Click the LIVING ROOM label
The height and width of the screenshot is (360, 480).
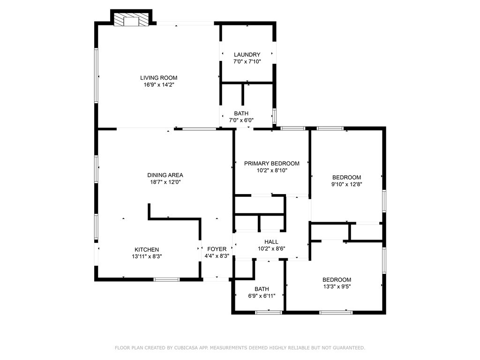159,78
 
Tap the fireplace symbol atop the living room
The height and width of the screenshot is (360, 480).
131,20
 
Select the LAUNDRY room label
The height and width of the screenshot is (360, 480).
247,54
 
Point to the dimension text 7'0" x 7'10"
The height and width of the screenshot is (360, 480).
247,61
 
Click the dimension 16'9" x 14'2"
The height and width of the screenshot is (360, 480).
159,85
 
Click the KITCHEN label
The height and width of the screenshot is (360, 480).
147,249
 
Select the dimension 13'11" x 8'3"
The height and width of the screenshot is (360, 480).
147,256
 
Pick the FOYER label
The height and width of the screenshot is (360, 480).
217,249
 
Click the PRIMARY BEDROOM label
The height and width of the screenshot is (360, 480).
271,164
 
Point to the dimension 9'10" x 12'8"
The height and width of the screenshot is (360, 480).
346,184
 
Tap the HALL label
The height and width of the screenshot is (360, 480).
271,242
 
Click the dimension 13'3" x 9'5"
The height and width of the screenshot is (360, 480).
337,286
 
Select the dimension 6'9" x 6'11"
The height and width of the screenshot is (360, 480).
262,296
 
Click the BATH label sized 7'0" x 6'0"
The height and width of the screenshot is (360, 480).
241,113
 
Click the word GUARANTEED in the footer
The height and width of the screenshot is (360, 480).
347,348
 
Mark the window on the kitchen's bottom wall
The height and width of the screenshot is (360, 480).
167,280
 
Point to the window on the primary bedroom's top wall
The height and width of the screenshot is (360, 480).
293,128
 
